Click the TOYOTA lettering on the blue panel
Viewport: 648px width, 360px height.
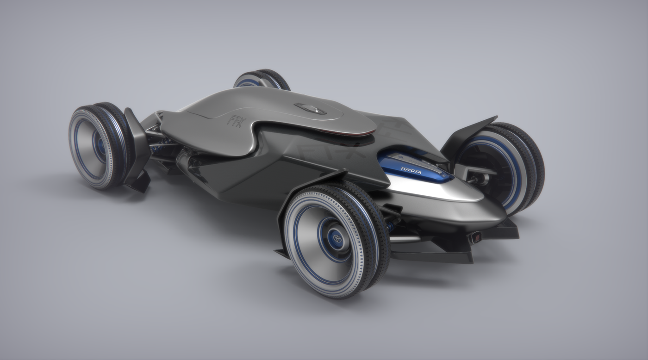coord(411,170)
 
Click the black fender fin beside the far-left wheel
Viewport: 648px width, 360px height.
coord(137,148)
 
